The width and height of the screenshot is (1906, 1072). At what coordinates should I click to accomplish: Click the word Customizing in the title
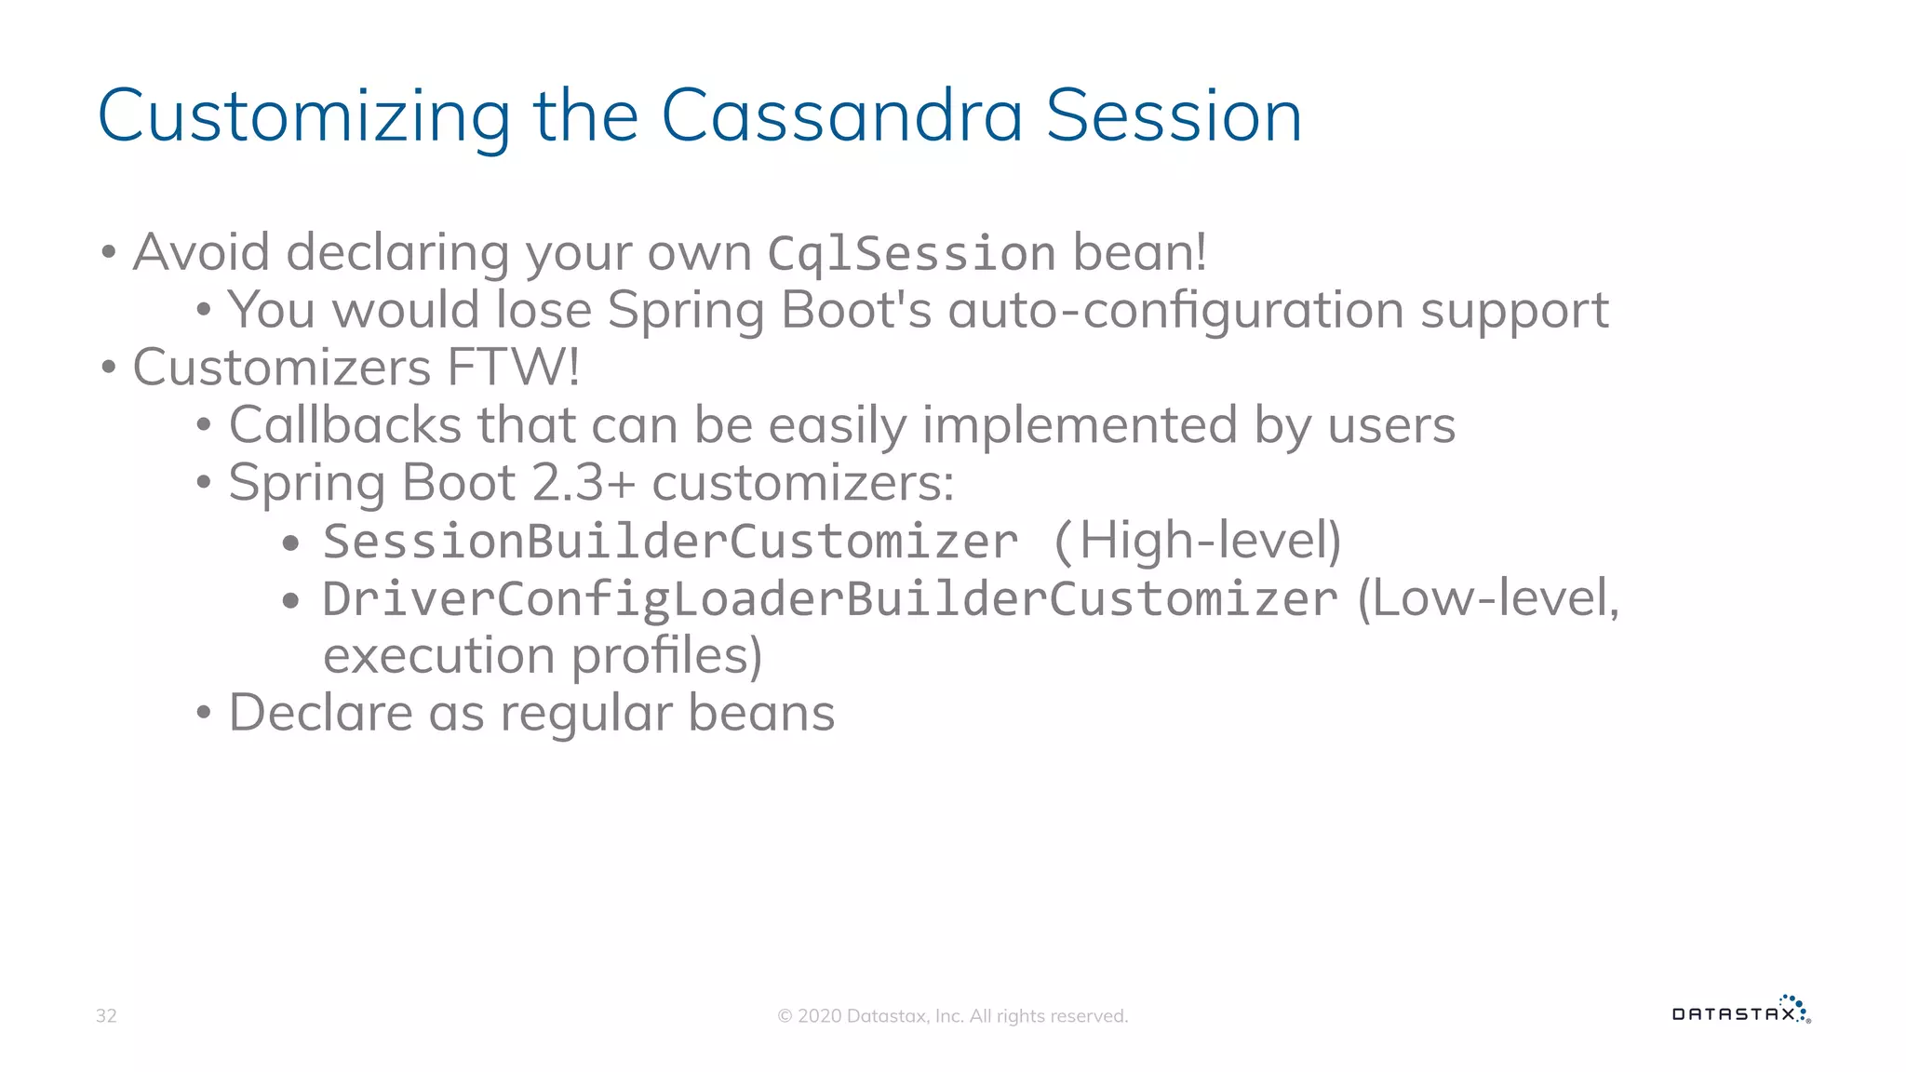coord(303,116)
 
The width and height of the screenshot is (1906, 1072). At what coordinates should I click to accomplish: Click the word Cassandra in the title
coord(841,116)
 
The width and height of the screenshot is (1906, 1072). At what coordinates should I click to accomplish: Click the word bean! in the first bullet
coord(1139,253)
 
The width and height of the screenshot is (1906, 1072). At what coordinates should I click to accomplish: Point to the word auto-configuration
coord(1175,310)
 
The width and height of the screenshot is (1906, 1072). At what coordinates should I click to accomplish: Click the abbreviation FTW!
coord(513,368)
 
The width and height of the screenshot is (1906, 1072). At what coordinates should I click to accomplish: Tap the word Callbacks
coord(345,425)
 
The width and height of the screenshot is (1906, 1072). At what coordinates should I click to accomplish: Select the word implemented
coord(1080,425)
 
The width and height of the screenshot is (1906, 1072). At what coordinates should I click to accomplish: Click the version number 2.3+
coord(583,483)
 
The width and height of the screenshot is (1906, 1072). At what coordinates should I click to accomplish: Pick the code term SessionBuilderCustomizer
coord(670,542)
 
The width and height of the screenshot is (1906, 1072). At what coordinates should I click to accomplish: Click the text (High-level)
coord(1197,541)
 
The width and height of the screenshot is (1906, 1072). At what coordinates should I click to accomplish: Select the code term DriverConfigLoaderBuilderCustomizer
coord(829,599)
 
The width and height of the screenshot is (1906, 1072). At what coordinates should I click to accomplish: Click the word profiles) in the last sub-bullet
coord(666,656)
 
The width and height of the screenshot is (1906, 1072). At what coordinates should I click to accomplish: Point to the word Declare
coord(320,714)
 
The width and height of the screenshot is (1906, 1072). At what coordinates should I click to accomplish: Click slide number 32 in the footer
coord(106,1016)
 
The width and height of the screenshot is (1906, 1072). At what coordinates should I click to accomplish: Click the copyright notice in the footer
coord(952,1016)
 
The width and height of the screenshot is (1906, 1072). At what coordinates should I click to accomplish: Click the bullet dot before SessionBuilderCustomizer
coord(290,543)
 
